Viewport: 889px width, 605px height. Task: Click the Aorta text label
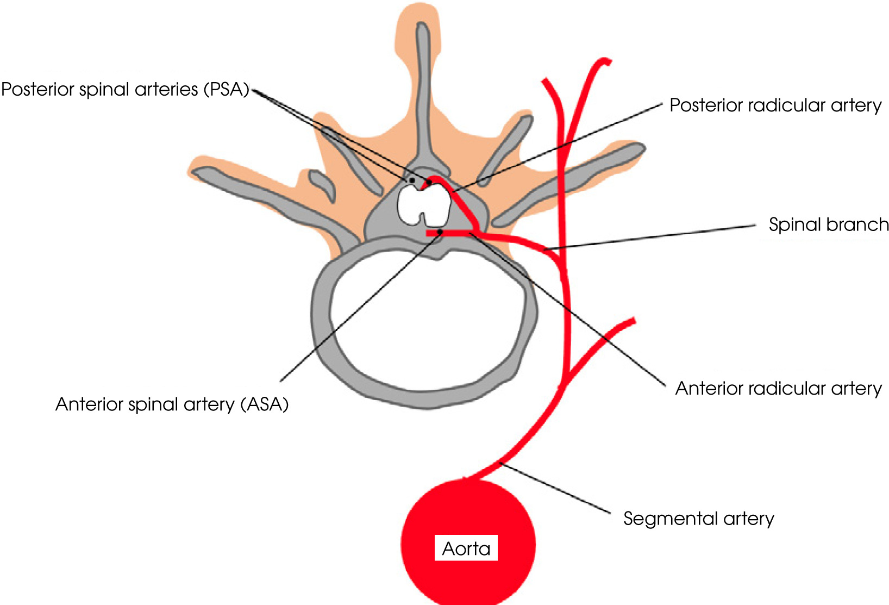466,548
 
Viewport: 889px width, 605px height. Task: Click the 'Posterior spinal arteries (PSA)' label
125,90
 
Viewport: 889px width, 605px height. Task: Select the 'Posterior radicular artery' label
775,105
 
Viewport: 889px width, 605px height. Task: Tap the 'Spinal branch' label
828,224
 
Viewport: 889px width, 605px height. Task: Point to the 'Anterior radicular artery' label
778,388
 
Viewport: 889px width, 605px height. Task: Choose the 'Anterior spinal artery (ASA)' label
172,404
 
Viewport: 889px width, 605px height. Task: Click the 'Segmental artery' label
698,519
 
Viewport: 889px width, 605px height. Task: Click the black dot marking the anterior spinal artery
440,232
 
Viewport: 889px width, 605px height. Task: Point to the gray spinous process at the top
423,82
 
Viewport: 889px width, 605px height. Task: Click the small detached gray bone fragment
322,185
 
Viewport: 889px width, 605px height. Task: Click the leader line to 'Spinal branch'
652,236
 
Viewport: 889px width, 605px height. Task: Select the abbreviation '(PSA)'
226,90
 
